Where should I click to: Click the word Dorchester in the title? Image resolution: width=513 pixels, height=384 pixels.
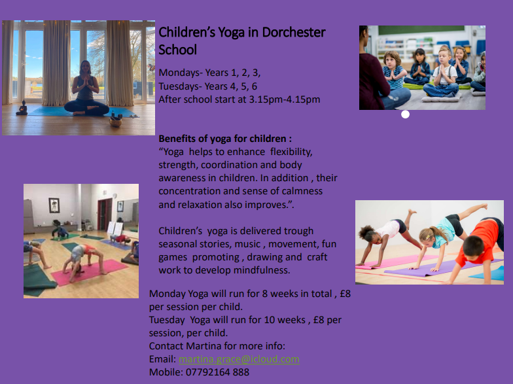click(x=294, y=32)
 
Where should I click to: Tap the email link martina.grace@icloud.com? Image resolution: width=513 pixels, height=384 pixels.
click(x=239, y=359)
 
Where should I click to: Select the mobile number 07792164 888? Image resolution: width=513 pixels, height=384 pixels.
click(x=217, y=372)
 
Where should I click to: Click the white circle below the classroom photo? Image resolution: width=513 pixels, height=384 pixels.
click(x=406, y=114)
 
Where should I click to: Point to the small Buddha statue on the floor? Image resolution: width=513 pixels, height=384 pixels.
click(x=22, y=108)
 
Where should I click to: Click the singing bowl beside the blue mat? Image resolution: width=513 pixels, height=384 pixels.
click(x=115, y=122)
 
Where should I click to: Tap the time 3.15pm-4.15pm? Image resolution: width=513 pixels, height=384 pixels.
click(x=285, y=99)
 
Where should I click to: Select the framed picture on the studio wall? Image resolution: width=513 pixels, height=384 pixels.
click(x=54, y=205)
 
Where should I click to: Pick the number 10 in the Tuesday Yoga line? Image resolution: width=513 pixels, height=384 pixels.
click(x=270, y=319)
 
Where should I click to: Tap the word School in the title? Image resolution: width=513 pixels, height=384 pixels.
click(x=178, y=50)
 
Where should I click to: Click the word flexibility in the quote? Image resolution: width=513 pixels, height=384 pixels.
click(x=292, y=152)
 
